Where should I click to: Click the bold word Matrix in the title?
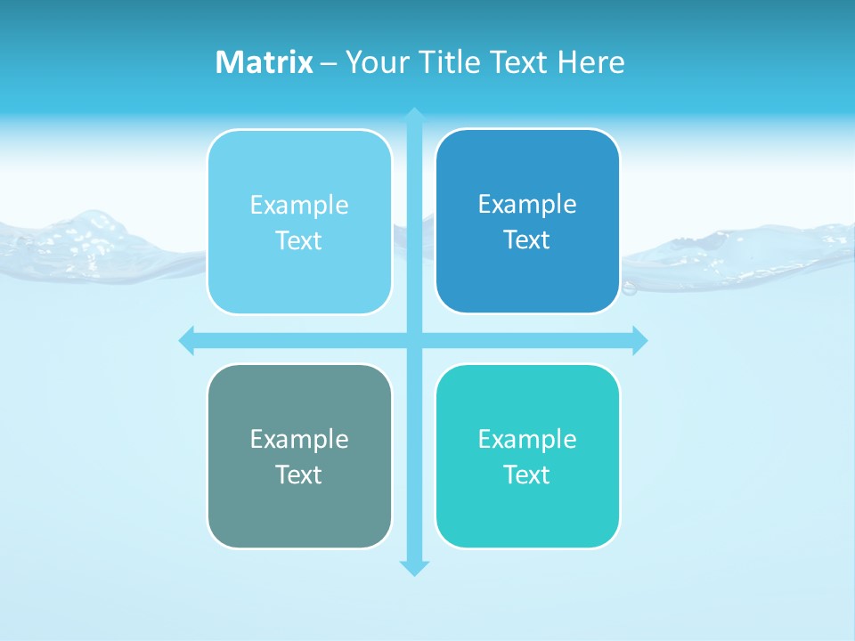pos(264,62)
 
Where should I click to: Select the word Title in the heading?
pos(451,62)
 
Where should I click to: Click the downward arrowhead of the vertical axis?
pos(414,567)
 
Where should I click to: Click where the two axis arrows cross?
pos(414,340)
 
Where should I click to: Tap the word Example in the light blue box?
pos(299,206)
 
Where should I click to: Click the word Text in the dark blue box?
pos(527,240)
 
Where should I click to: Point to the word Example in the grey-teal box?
pos(299,439)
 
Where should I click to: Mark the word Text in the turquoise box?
pos(527,475)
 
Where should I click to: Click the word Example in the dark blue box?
pos(527,205)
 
